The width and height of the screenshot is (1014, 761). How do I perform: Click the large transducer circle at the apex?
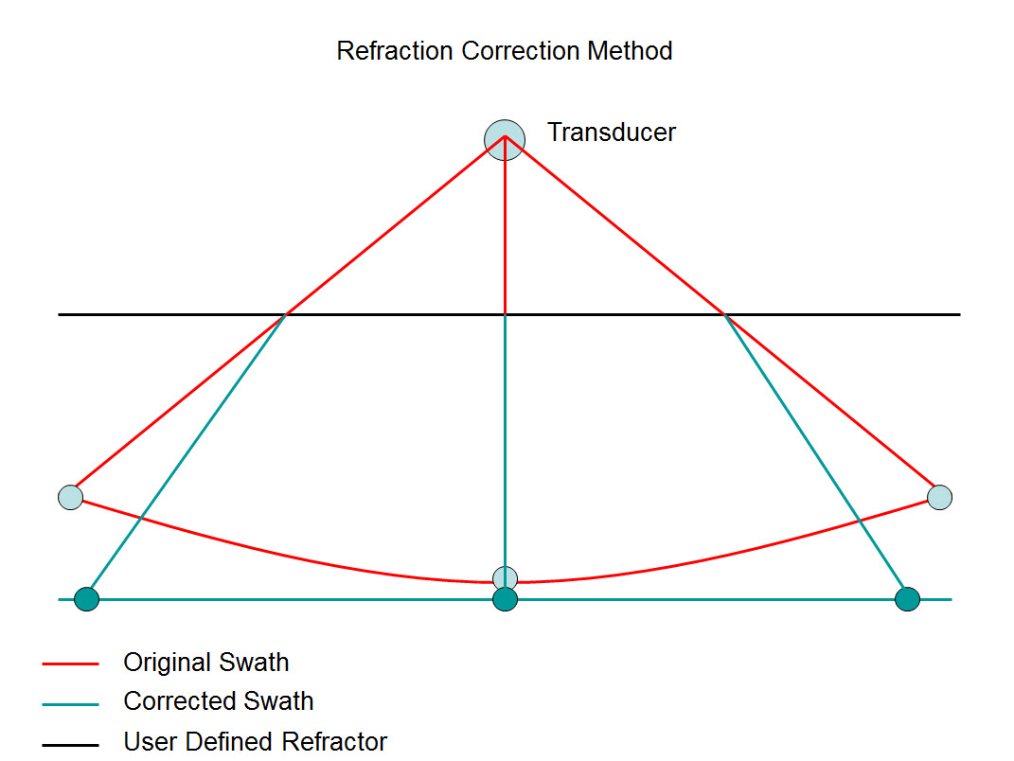pos(505,140)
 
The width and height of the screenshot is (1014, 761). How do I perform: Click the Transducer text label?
pos(612,133)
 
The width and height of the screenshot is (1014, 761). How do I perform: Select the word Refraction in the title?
pos(396,50)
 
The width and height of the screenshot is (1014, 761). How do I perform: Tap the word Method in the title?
pos(630,50)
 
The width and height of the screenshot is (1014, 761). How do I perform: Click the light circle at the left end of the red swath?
pos(71,497)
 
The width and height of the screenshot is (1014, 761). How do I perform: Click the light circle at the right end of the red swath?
pos(939,497)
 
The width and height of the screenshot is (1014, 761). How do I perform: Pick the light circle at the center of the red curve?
pos(506,576)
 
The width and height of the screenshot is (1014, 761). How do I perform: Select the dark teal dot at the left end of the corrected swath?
pos(87,599)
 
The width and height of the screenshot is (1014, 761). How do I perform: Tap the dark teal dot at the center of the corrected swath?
pos(506,600)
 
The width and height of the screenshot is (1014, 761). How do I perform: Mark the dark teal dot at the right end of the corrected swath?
pos(907,599)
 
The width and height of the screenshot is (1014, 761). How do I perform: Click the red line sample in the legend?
pos(70,664)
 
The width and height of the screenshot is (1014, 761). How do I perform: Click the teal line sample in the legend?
pos(70,704)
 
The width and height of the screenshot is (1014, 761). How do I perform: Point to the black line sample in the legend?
pos(70,745)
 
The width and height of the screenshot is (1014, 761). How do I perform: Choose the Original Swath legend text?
pos(206,663)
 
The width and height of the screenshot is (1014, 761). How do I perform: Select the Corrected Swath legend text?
pos(219,701)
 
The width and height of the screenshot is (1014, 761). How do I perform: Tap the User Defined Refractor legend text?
pos(256,742)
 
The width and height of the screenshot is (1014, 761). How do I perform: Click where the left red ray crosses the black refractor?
pos(285,313)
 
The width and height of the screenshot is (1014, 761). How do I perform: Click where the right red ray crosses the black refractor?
pos(724,313)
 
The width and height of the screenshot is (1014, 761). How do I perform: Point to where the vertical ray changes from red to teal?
pos(506,313)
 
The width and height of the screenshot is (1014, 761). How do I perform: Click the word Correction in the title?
pos(521,50)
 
